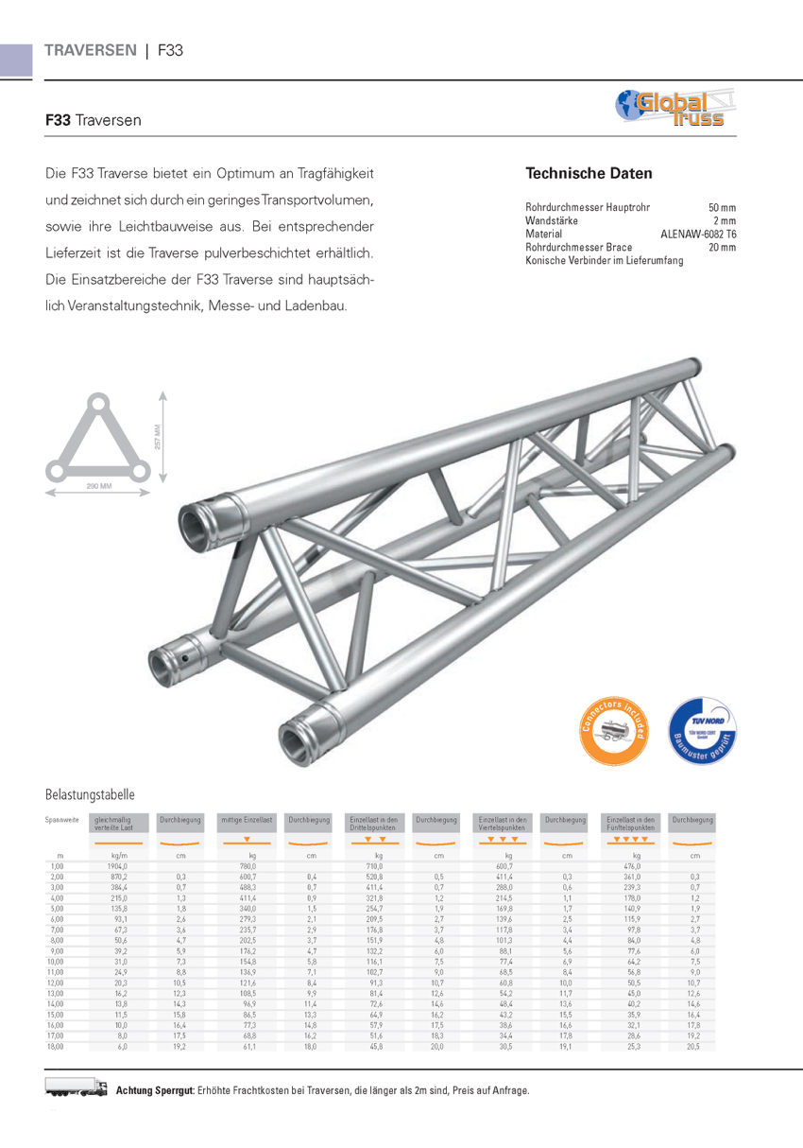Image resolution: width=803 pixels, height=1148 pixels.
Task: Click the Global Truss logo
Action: coord(675,109)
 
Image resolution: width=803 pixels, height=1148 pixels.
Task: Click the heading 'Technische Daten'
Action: coord(589,174)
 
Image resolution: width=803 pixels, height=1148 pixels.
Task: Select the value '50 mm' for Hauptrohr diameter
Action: coord(722,207)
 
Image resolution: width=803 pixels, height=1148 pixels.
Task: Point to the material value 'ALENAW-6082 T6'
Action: coord(698,234)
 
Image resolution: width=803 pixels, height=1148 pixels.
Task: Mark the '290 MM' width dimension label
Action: coord(99,485)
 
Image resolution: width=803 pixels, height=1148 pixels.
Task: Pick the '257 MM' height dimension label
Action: coord(158,438)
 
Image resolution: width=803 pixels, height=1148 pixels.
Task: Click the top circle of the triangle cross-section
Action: coord(99,403)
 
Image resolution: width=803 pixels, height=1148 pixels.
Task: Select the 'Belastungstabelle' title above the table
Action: coord(90,794)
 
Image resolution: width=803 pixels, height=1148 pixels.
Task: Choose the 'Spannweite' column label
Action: coord(62,819)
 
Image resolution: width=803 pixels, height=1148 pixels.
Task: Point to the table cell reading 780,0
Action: coord(248,865)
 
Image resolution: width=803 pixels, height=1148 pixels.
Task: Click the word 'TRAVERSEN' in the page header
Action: coord(91,50)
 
